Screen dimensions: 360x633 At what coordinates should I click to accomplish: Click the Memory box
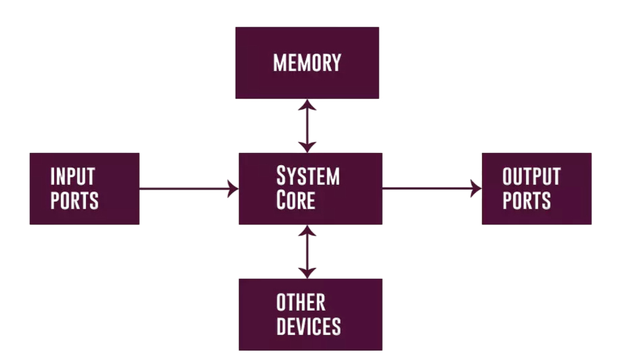coord(307,63)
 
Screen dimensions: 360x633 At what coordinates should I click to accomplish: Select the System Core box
coord(310,188)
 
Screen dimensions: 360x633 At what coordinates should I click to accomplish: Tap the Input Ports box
coord(85,188)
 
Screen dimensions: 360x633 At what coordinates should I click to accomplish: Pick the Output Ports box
coord(536,188)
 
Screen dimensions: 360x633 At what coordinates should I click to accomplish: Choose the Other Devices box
coord(310,314)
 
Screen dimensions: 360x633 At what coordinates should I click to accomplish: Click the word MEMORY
coord(307,63)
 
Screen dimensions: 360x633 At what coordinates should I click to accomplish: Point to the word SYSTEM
coord(308,177)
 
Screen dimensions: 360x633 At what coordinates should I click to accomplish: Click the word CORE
coord(296,200)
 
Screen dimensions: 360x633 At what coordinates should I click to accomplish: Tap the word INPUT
coord(72,177)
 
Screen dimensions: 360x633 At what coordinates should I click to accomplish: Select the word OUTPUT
coord(531,177)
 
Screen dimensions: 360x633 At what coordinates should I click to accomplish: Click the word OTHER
coord(301,302)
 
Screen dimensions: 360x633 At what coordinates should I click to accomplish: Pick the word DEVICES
coord(309,326)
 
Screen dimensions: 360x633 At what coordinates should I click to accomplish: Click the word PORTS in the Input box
coord(74,200)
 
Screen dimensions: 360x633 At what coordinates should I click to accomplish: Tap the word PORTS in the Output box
coord(527,200)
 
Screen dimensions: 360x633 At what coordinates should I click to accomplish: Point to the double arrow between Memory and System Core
coord(307,126)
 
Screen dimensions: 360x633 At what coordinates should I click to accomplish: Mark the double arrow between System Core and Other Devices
coord(307,252)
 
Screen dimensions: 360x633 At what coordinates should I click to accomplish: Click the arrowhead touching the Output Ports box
coord(476,188)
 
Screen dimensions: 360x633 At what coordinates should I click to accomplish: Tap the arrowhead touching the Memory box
coord(307,105)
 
